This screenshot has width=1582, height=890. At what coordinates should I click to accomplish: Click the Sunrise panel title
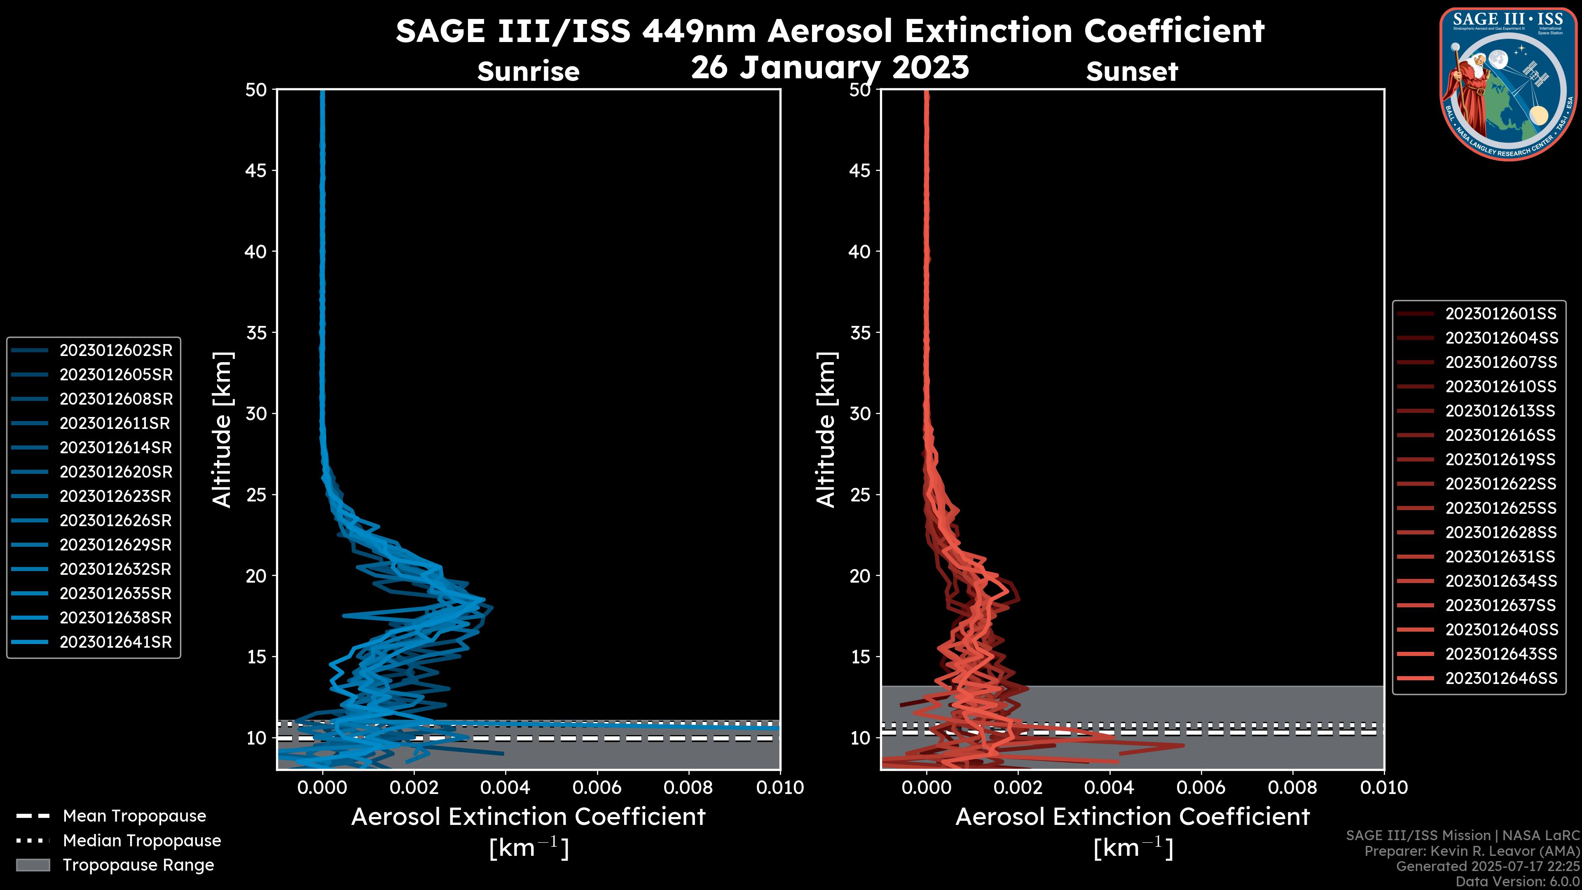pyautogui.click(x=528, y=72)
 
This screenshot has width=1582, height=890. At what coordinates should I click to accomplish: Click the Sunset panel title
pyautogui.click(x=1132, y=72)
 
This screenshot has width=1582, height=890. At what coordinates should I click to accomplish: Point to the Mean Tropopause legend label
pyautogui.click(x=134, y=816)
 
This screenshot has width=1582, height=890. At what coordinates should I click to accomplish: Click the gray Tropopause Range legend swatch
pyautogui.click(x=33, y=865)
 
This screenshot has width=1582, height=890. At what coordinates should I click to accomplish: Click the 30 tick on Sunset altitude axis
pyautogui.click(x=860, y=413)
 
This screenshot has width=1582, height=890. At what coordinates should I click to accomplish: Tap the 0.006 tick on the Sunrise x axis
pyautogui.click(x=597, y=787)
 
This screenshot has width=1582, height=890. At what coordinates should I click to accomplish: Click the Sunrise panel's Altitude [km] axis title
pyautogui.click(x=222, y=429)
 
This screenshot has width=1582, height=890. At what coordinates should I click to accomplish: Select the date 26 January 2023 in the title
pyautogui.click(x=830, y=68)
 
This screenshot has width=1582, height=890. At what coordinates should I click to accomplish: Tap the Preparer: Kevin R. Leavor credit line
pyautogui.click(x=1472, y=851)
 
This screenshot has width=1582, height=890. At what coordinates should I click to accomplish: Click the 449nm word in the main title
pyautogui.click(x=699, y=31)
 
